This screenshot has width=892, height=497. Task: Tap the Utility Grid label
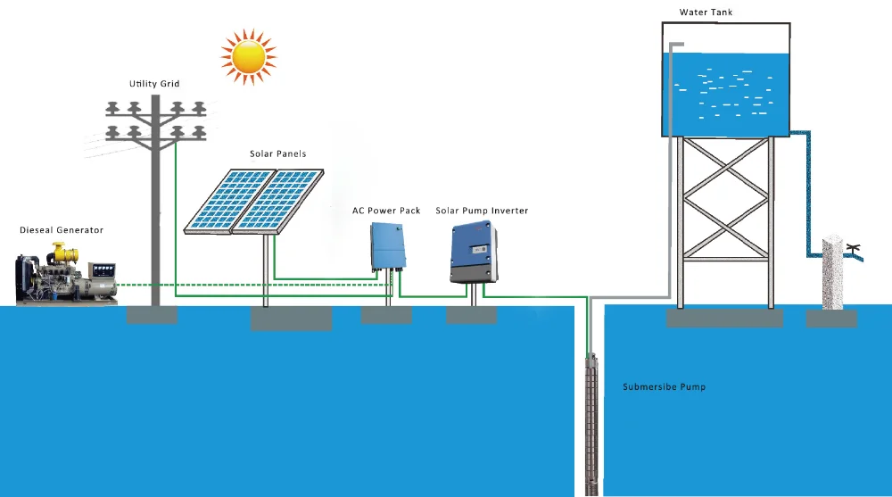[154, 84]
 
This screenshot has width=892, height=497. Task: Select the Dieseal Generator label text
[62, 230]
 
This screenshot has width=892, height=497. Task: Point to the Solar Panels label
[277, 154]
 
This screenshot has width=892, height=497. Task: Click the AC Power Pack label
[386, 211]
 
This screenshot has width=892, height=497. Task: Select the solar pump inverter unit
[473, 253]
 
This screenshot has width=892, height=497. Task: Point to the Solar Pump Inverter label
[482, 211]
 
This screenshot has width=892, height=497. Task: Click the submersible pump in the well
[589, 419]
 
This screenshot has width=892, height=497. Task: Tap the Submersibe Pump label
[664, 387]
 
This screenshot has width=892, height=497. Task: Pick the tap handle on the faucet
[855, 246]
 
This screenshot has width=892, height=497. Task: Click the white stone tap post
[832, 272]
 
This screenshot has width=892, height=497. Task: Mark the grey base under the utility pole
[152, 315]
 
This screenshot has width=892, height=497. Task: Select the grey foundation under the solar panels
[291, 318]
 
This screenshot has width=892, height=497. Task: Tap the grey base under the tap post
[831, 319]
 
